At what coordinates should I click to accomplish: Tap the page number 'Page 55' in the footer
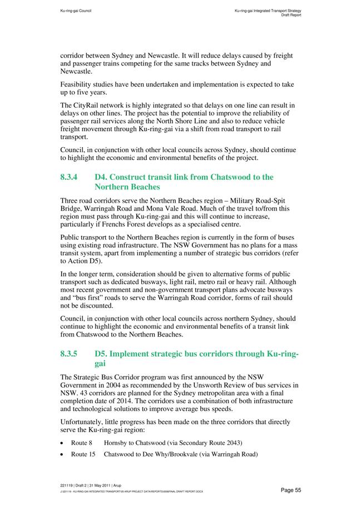coord(290,490)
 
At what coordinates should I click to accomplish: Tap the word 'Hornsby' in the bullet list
coord(115,443)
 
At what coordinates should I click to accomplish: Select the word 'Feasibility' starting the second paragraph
coord(78,85)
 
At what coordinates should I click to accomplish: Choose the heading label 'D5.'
coord(102,354)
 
